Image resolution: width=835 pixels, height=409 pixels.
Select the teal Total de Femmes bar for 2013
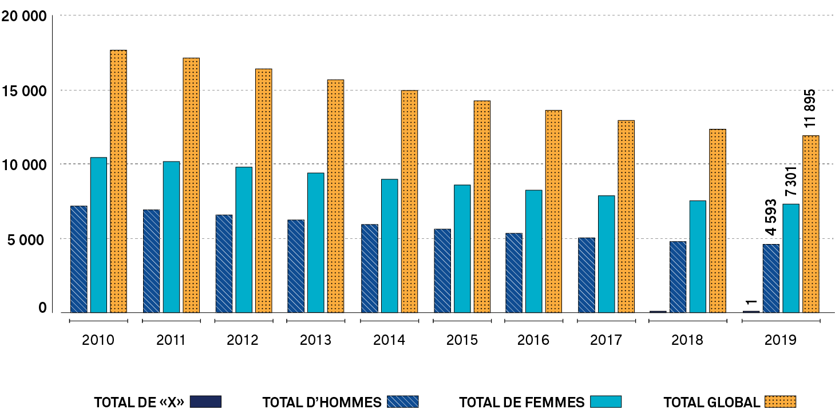click(x=316, y=242)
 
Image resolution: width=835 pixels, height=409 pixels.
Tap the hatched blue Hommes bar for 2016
click(x=514, y=273)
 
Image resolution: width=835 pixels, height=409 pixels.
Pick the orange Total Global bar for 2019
click(x=811, y=224)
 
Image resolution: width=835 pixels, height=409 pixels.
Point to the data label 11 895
click(x=810, y=109)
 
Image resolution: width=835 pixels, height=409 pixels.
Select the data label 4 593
click(x=771, y=217)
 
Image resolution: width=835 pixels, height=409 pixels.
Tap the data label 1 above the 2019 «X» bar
click(x=751, y=303)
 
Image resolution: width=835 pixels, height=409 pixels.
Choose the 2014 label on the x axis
click(x=389, y=340)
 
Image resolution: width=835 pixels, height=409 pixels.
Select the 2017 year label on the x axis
click(x=606, y=340)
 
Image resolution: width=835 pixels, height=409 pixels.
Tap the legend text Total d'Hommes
click(x=322, y=402)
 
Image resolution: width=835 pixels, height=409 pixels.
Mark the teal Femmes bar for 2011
click(x=171, y=237)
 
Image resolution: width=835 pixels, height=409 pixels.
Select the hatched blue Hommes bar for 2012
click(x=224, y=264)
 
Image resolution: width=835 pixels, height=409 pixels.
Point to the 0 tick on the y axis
click(x=42, y=308)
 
